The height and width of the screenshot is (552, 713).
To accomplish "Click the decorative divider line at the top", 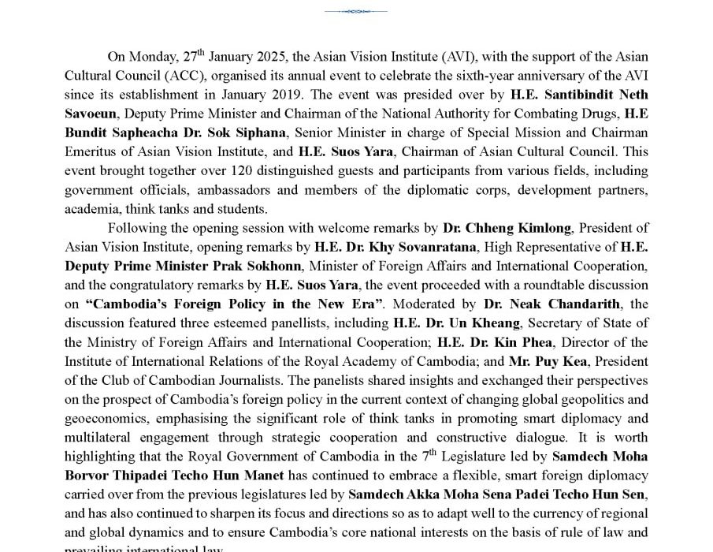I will (355, 12).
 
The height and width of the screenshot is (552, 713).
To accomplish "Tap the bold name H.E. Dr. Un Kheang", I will (456, 323).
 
